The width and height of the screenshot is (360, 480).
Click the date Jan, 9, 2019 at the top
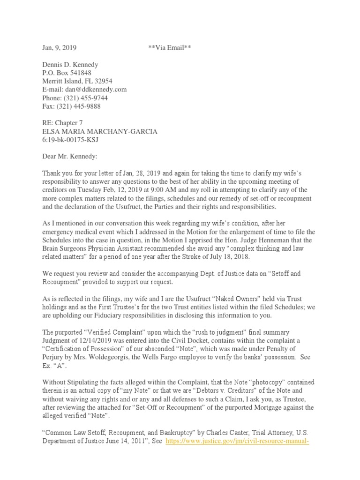(x=58, y=48)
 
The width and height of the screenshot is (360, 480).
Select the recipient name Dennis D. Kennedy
(x=70, y=65)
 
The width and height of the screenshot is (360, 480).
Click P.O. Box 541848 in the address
(x=67, y=73)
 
